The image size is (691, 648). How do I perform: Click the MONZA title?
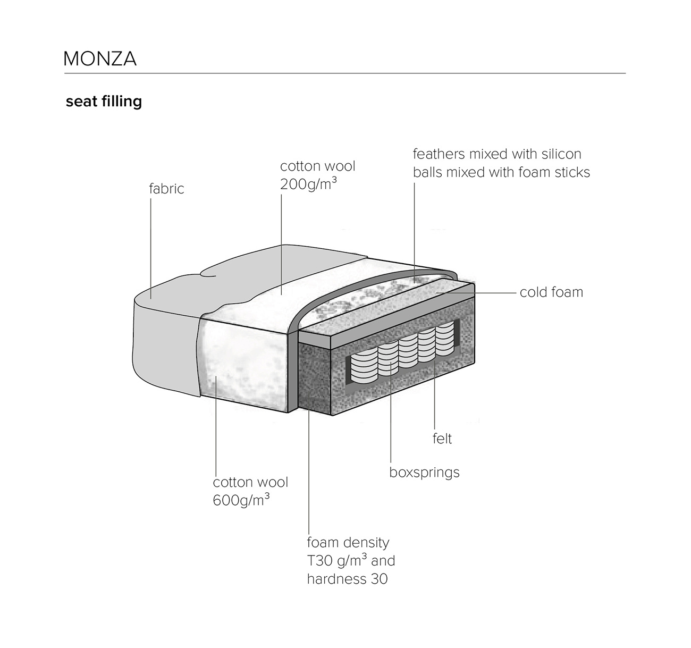pyautogui.click(x=100, y=58)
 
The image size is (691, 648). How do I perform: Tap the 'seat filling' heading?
pyautogui.click(x=104, y=102)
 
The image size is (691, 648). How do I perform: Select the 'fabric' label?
pyautogui.click(x=166, y=189)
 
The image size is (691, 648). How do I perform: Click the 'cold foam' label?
pyautogui.click(x=551, y=292)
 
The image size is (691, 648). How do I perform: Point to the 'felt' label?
pyautogui.click(x=442, y=439)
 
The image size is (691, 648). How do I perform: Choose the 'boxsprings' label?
pyautogui.click(x=425, y=472)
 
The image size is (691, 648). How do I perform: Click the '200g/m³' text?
pyautogui.click(x=308, y=184)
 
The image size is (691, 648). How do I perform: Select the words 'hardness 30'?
pyautogui.click(x=347, y=579)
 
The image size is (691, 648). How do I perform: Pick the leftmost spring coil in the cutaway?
pyautogui.click(x=364, y=368)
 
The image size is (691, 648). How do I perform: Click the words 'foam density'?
pyautogui.click(x=348, y=542)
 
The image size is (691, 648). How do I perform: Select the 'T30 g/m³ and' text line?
pyautogui.click(x=351, y=560)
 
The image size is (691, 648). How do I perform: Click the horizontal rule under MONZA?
pyautogui.click(x=345, y=73)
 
